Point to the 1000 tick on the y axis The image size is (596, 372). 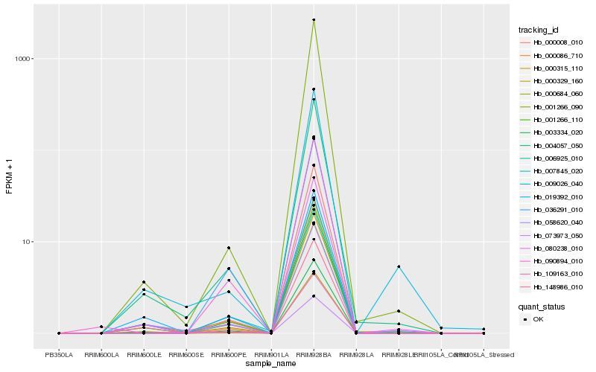pyautogui.click(x=23, y=59)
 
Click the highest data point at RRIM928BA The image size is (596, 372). pyautogui.click(x=314, y=20)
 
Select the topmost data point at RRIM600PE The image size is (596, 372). pyautogui.click(x=229, y=248)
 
